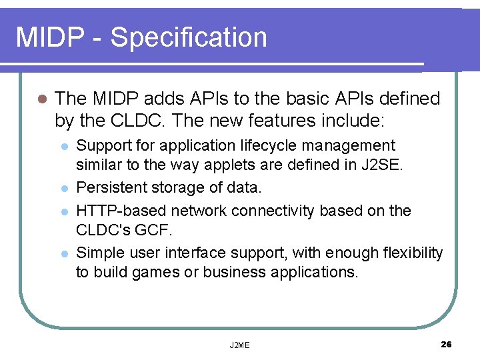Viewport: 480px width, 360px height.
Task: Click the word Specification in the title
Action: pyautogui.click(x=189, y=38)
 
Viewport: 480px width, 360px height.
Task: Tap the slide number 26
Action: pyautogui.click(x=446, y=344)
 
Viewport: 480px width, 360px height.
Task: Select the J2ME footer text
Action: pyautogui.click(x=239, y=345)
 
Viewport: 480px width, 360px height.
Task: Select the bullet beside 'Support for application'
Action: pyautogui.click(x=63, y=147)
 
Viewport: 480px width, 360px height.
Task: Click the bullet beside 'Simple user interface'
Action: pyautogui.click(x=63, y=254)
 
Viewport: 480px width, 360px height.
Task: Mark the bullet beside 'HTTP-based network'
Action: pyautogui.click(x=63, y=211)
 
